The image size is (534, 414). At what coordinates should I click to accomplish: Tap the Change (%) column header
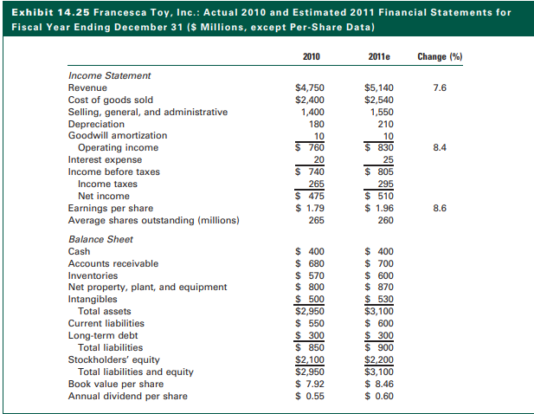(x=440, y=57)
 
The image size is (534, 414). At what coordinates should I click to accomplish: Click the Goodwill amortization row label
(x=118, y=136)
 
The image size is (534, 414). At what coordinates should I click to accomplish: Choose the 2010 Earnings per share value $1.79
(x=310, y=208)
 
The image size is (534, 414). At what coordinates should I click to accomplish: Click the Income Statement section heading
(x=109, y=75)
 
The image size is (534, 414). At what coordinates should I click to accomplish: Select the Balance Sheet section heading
(x=100, y=238)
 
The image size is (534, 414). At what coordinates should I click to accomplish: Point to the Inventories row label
(x=93, y=275)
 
